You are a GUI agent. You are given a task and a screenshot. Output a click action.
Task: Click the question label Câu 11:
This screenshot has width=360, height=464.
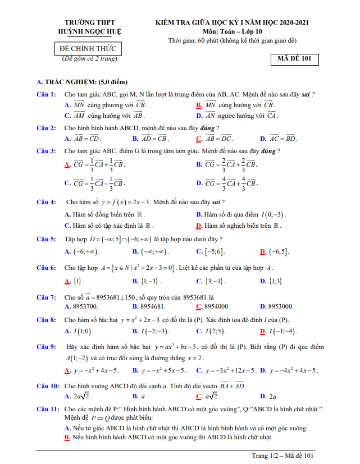point(48,410)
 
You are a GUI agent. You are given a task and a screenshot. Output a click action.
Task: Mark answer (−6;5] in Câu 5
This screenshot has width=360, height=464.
point(279,251)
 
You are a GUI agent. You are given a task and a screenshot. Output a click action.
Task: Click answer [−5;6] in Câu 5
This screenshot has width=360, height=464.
point(214,251)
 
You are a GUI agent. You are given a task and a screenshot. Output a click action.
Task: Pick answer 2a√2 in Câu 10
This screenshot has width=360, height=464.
point(85,396)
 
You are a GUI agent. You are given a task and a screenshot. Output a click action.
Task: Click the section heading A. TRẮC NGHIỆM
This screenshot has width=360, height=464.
point(82,82)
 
